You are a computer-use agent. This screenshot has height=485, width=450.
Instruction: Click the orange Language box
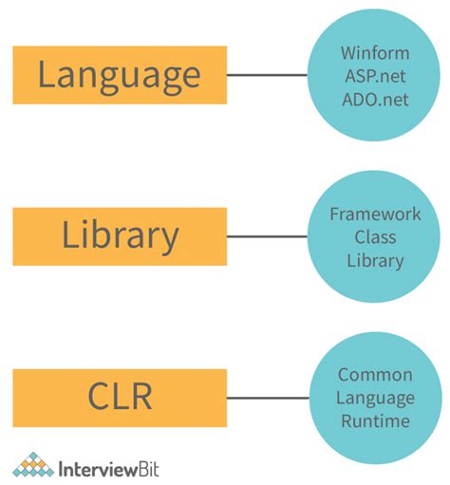click(120, 75)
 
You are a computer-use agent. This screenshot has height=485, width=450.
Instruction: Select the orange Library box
click(120, 235)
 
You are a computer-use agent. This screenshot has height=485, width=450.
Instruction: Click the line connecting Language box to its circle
click(268, 75)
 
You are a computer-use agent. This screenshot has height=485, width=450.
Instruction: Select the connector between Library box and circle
click(268, 236)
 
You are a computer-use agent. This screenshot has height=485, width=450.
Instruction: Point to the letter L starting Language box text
click(47, 75)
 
